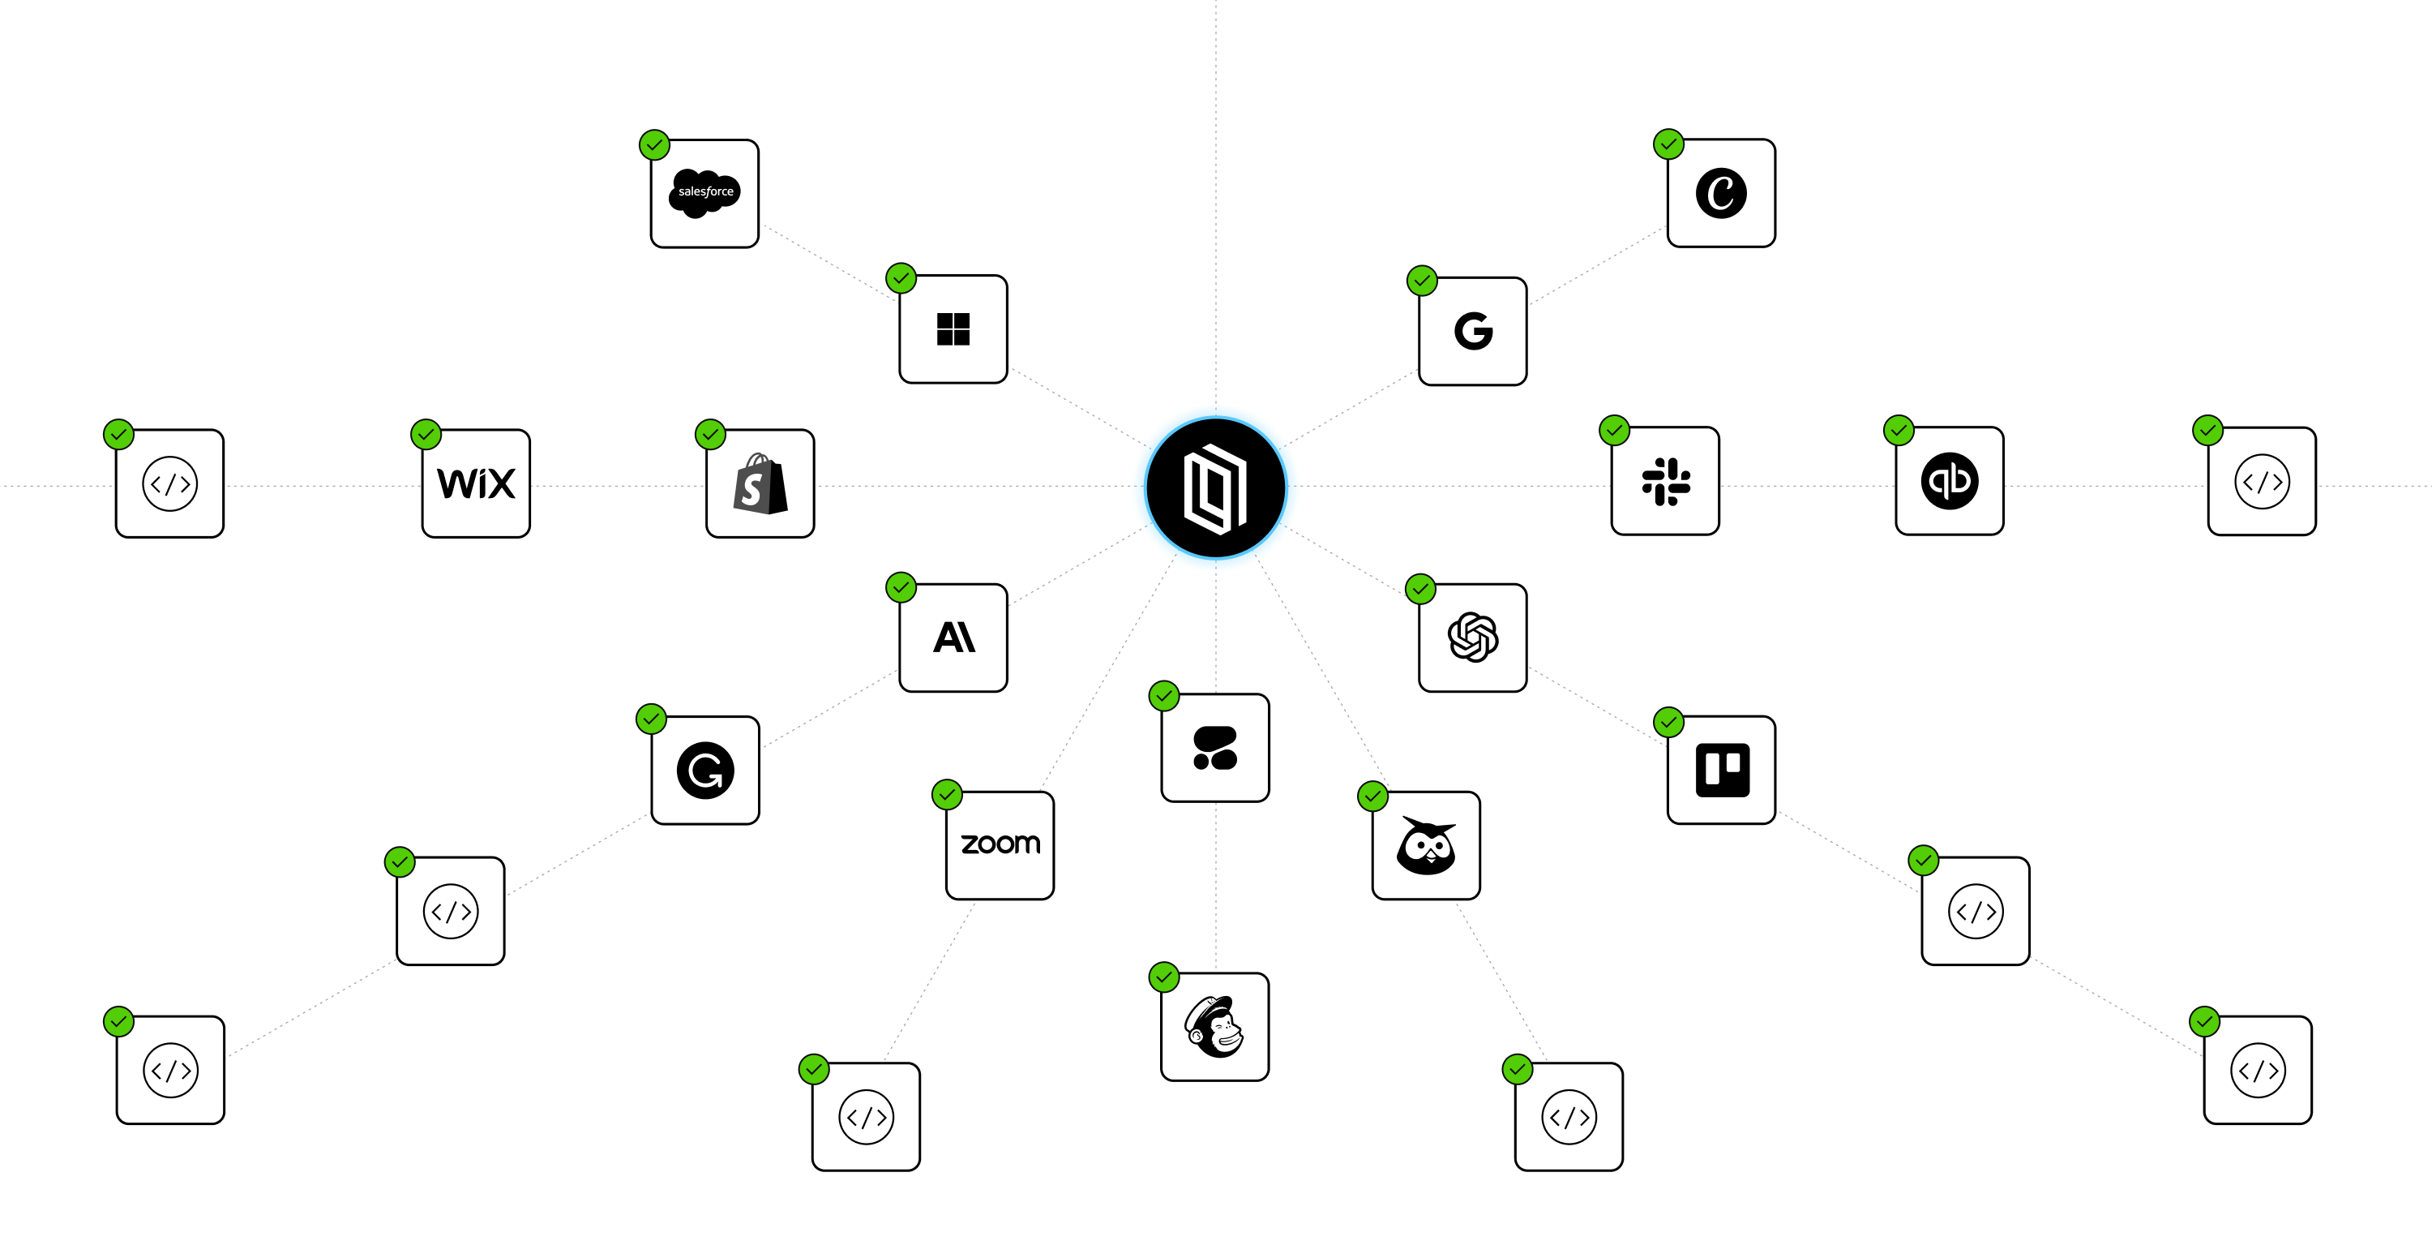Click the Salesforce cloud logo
pyautogui.click(x=704, y=193)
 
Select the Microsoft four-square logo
pyautogui.click(x=953, y=328)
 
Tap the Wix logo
pyautogui.click(x=476, y=483)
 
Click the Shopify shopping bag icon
pyautogui.click(x=760, y=483)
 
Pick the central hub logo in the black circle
pyautogui.click(x=1215, y=488)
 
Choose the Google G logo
pyautogui.click(x=1473, y=331)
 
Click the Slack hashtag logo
pyautogui.click(x=1665, y=481)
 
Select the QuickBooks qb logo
pyautogui.click(x=1950, y=481)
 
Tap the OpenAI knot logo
pyautogui.click(x=1473, y=638)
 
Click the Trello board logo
pyautogui.click(x=1721, y=770)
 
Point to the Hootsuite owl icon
pyautogui.click(x=1426, y=845)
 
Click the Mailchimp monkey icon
pyautogui.click(x=1215, y=1027)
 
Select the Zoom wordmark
pyautogui.click(x=1000, y=844)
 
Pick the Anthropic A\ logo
pyautogui.click(x=953, y=638)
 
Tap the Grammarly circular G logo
pyautogui.click(x=705, y=770)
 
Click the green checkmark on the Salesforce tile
pyautogui.click(x=654, y=144)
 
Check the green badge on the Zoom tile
pyautogui.click(x=947, y=794)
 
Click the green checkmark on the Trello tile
pyautogui.click(x=1669, y=723)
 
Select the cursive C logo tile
pyautogui.click(x=1721, y=193)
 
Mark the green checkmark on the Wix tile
pyautogui.click(x=426, y=435)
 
